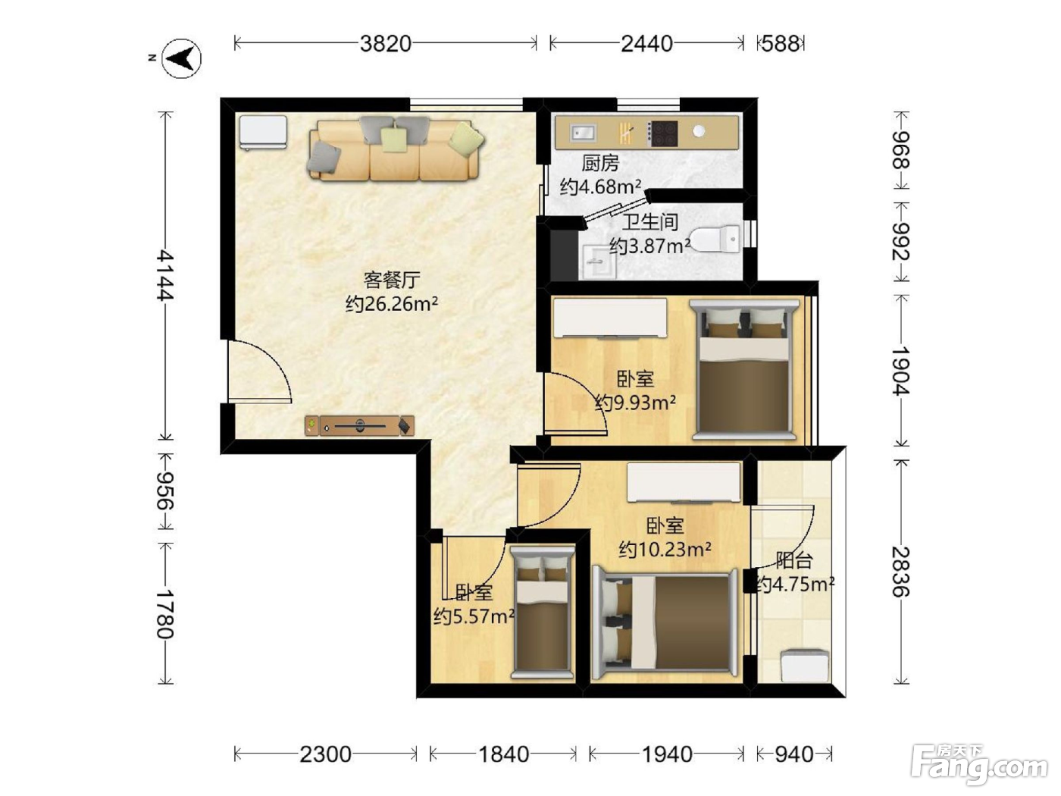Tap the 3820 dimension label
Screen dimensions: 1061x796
tap(386, 44)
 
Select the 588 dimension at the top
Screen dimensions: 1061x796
tap(781, 44)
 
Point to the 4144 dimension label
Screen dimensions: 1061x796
tap(165, 275)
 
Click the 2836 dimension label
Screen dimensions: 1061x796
tap(901, 572)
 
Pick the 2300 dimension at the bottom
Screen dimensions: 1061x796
tap(325, 754)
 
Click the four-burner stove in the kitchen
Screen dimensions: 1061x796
tap(662, 133)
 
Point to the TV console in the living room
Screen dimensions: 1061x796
tap(359, 426)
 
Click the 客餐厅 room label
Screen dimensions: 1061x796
tap(392, 280)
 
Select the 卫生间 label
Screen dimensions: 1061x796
tap(650, 222)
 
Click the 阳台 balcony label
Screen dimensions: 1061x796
tap(794, 561)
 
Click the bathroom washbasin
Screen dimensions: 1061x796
tap(599, 262)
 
